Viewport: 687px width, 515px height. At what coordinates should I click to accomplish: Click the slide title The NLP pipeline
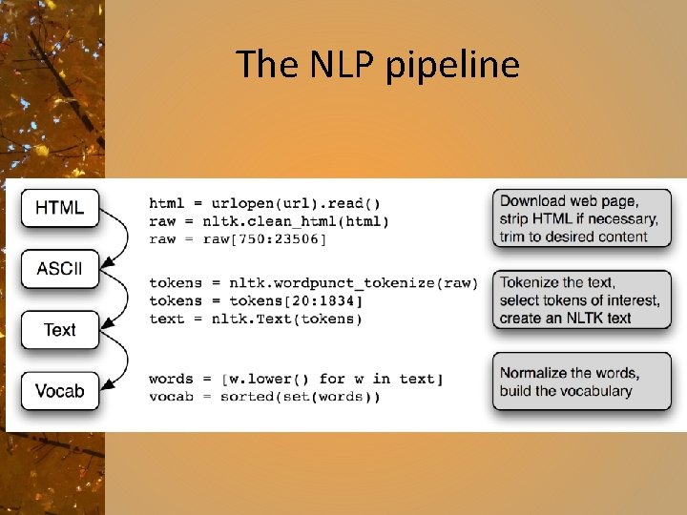click(377, 65)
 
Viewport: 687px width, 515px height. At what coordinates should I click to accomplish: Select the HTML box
click(59, 207)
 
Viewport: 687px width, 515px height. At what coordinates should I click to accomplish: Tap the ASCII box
click(59, 268)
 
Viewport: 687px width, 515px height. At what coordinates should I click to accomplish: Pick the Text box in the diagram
click(59, 330)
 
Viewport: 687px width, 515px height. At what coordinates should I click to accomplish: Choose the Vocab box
click(59, 390)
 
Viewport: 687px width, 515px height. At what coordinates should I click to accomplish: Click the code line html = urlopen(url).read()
click(264, 203)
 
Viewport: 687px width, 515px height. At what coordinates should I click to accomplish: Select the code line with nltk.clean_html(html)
click(269, 221)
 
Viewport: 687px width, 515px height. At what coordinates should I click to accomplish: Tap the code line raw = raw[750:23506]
click(238, 238)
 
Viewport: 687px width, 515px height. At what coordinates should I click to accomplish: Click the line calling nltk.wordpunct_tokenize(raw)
click(313, 282)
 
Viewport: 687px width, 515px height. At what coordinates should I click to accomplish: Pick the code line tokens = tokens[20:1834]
click(256, 300)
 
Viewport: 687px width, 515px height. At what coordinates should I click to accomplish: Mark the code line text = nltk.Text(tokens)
click(256, 319)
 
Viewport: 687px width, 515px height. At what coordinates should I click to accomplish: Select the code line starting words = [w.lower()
click(296, 379)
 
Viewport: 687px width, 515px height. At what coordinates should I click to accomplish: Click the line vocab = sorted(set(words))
click(264, 397)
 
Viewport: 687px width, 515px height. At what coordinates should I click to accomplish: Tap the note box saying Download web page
click(581, 218)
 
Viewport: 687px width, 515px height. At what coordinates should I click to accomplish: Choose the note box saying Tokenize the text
click(581, 300)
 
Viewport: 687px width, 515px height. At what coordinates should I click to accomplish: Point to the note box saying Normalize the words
click(581, 381)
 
